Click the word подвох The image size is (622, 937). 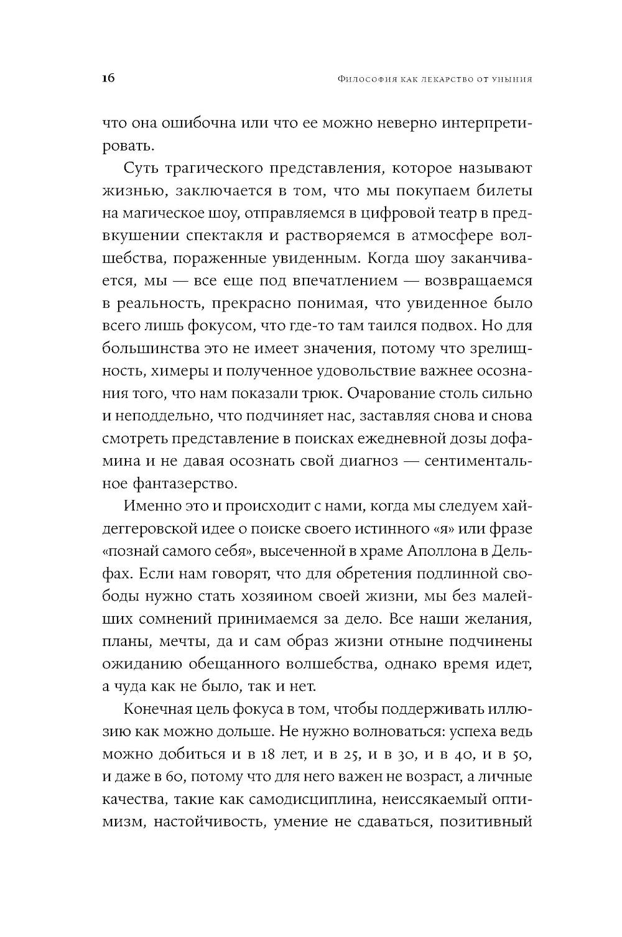coord(445,326)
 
